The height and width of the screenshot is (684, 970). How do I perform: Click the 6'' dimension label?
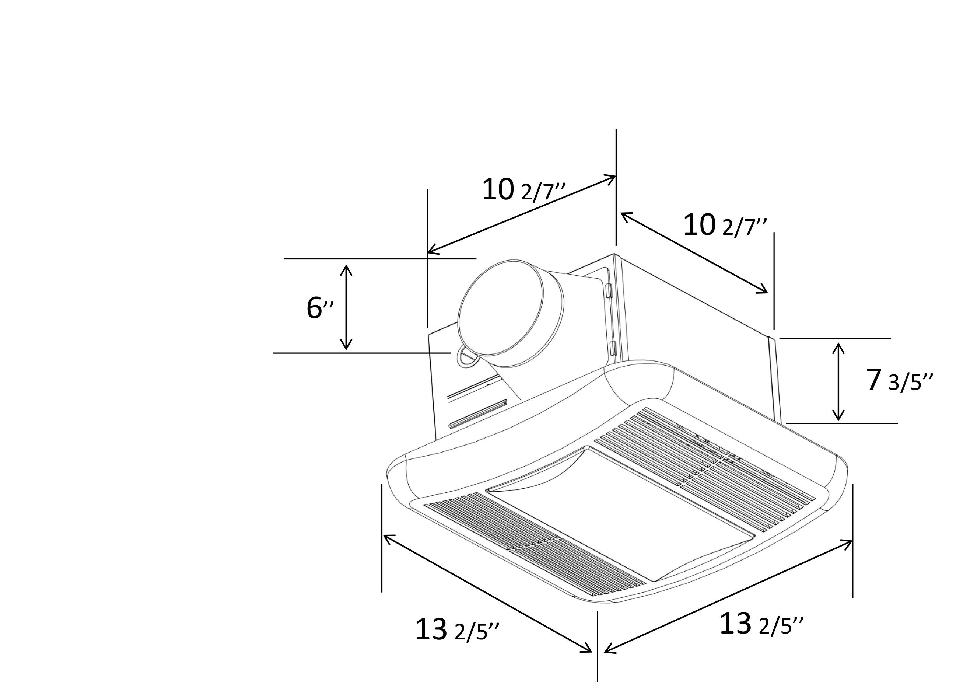click(x=319, y=308)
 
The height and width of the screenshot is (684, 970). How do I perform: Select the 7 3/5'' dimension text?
click(x=898, y=380)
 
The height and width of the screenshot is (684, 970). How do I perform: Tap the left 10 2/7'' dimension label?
click(x=523, y=190)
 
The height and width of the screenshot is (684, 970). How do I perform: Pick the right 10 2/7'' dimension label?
click(x=724, y=225)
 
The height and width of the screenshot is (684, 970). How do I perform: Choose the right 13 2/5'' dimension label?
click(x=761, y=624)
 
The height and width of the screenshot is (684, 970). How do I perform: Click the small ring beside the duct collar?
click(x=466, y=357)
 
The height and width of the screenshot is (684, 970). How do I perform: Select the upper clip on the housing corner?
click(x=609, y=291)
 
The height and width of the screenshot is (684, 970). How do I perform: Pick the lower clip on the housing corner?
click(x=613, y=348)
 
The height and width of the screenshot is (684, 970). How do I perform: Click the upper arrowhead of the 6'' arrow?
click(x=346, y=268)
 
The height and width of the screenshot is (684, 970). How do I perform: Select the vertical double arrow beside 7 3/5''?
click(x=838, y=381)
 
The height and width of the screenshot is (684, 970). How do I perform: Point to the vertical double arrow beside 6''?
click(x=346, y=307)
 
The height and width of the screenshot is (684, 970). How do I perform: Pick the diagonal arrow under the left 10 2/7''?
click(x=521, y=214)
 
